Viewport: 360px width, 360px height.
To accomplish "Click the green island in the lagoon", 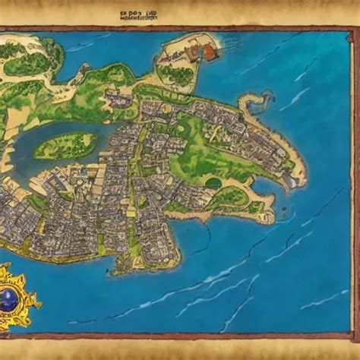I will coord(65,145).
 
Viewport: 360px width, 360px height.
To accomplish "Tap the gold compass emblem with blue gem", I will coord(17,297).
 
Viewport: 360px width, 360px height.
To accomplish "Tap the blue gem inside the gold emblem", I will coord(15,298).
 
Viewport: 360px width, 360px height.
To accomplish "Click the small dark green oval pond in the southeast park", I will coord(215,183).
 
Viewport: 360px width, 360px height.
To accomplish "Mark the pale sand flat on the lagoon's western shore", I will coord(9,163).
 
